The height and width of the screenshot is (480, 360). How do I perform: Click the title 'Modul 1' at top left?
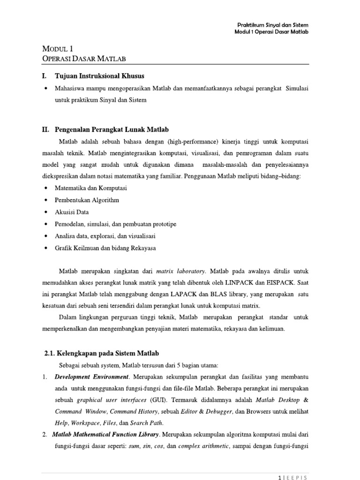pos(58,49)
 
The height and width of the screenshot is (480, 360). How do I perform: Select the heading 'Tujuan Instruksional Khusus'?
pos(100,76)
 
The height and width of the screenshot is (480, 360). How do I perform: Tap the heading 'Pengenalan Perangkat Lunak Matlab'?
pos(112,129)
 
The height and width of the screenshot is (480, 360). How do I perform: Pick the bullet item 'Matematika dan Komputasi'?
pos(91,188)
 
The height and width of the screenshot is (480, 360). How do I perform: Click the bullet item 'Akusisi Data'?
pos(72,212)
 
